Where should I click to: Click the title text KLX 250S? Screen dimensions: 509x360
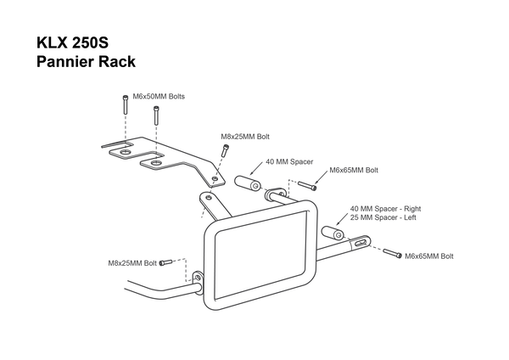click(72, 42)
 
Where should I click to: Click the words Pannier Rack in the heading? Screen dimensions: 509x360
click(86, 62)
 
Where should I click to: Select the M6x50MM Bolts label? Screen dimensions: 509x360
click(159, 97)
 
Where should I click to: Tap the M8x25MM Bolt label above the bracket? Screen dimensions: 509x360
click(245, 137)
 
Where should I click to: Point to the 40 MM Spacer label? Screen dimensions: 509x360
click(289, 162)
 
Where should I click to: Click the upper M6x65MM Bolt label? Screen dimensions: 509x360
click(354, 171)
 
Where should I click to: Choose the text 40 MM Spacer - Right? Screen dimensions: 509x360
click(385, 209)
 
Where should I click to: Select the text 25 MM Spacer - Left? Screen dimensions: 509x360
click(383, 217)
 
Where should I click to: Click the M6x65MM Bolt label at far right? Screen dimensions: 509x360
click(429, 256)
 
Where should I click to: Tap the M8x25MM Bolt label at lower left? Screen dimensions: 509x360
click(132, 263)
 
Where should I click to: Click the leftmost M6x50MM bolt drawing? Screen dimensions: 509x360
click(126, 104)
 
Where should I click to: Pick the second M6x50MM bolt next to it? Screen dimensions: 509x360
click(156, 115)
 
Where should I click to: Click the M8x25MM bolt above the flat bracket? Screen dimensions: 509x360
click(224, 151)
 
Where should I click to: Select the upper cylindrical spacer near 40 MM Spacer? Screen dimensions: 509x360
click(248, 183)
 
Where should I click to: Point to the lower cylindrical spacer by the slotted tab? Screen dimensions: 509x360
click(333, 233)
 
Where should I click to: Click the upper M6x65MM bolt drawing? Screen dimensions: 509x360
click(307, 186)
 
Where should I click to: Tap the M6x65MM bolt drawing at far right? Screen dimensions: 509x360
click(393, 253)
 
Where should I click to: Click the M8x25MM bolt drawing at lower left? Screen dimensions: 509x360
click(165, 262)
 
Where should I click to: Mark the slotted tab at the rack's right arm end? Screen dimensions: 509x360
click(360, 242)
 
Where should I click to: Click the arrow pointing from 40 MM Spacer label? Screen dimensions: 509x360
click(256, 168)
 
